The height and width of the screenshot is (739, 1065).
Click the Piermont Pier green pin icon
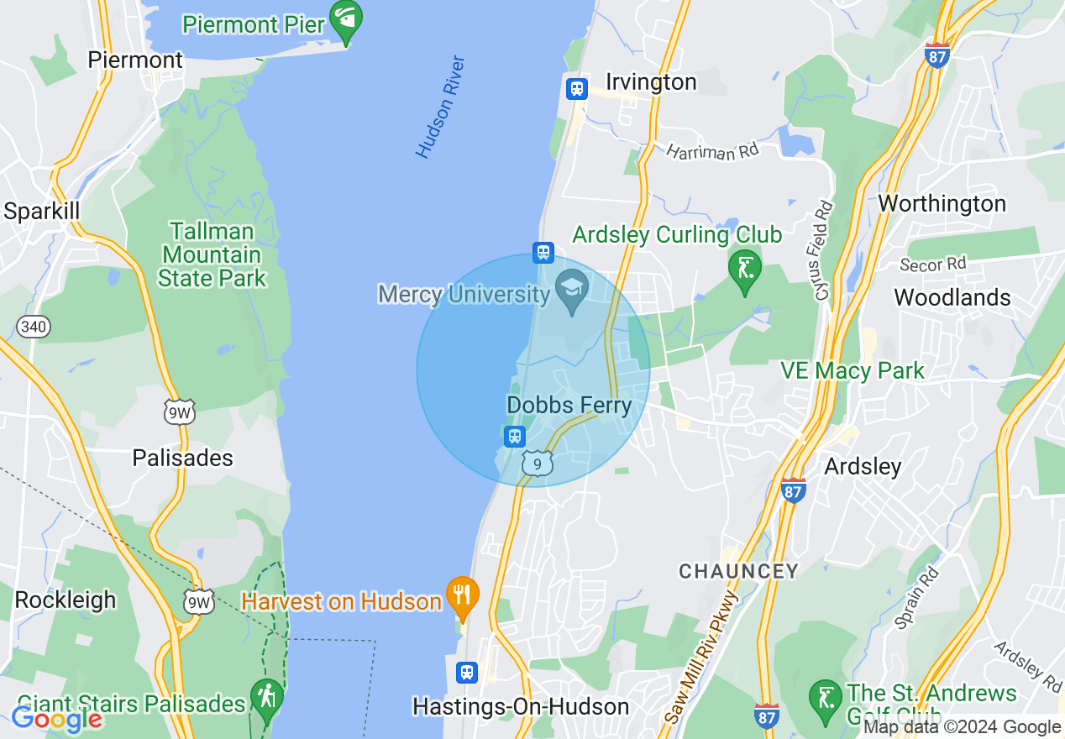click(345, 18)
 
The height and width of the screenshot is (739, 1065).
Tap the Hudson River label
click(440, 107)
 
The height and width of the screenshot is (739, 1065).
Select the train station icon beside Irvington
click(576, 88)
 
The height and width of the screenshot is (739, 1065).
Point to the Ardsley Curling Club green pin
click(744, 270)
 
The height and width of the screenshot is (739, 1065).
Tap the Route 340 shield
click(34, 327)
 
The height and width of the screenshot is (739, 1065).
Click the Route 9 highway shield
click(538, 463)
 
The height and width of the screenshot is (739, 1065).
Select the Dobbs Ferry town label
click(569, 406)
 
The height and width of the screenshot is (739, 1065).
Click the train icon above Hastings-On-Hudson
click(467, 672)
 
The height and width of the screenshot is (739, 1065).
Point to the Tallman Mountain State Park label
click(212, 254)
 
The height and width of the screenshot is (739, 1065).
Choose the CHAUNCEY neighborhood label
click(738, 572)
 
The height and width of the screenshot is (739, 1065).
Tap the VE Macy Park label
click(852, 370)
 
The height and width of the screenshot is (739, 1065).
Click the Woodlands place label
click(952, 297)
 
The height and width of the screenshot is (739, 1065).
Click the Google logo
click(56, 719)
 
